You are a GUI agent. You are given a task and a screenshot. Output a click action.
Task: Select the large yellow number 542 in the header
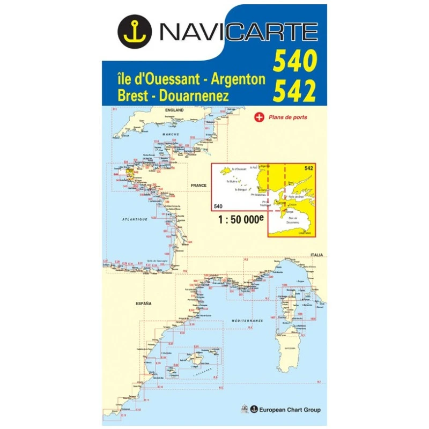[294, 92]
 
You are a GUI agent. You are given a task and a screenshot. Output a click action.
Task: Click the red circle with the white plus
[259, 117]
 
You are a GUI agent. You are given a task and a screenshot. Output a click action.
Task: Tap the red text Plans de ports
[289, 117]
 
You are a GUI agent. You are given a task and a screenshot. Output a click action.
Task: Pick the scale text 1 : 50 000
[239, 220]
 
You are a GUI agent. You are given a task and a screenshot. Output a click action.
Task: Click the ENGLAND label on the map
[174, 110]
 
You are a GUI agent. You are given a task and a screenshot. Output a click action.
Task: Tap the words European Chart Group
[290, 410]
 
